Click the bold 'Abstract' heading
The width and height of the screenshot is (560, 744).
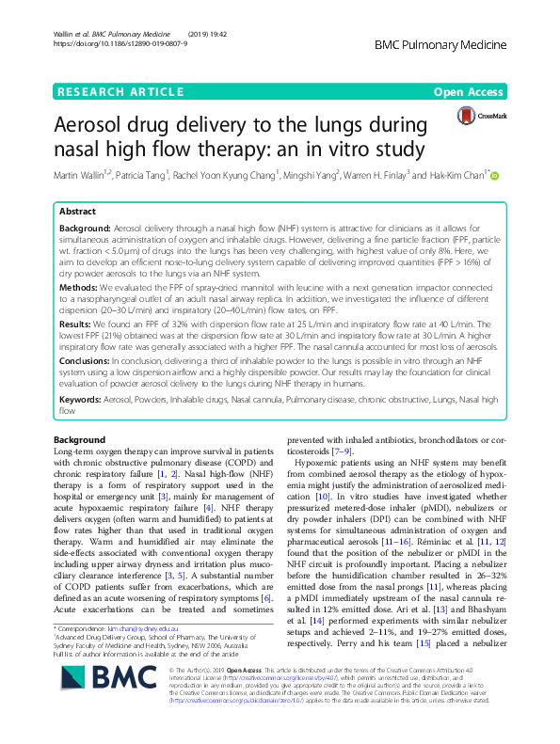pyautogui.click(x=78, y=212)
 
